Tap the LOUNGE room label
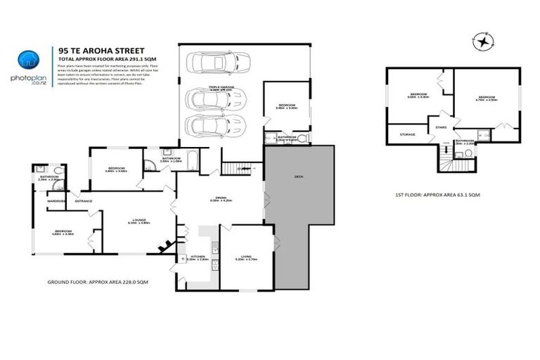click(x=138, y=219)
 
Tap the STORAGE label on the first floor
click(x=407, y=134)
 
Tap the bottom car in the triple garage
click(x=213, y=127)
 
